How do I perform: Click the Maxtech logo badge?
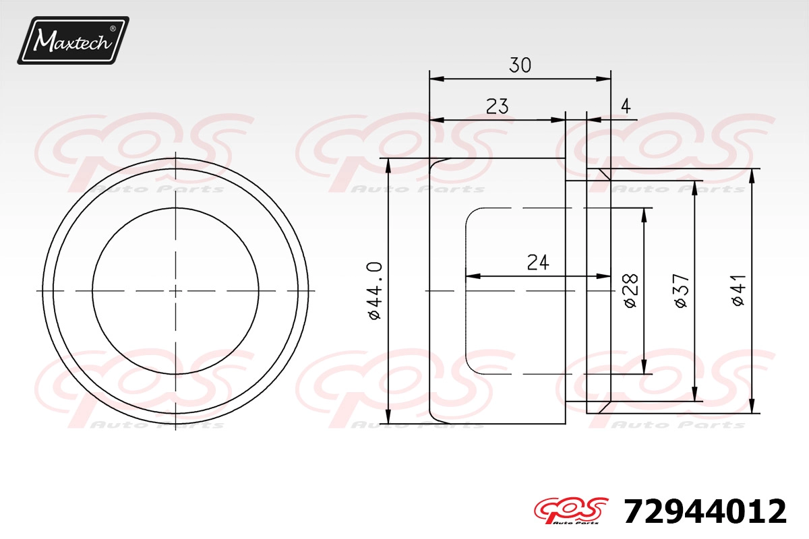click(73, 40)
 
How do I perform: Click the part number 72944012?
click(705, 511)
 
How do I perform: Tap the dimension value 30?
click(520, 65)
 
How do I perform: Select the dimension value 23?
click(497, 106)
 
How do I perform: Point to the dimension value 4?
click(626, 106)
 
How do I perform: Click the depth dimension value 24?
click(538, 263)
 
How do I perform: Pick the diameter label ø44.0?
click(375, 290)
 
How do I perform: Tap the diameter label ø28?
click(631, 290)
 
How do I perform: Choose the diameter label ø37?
click(682, 290)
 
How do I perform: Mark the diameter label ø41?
click(738, 290)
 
